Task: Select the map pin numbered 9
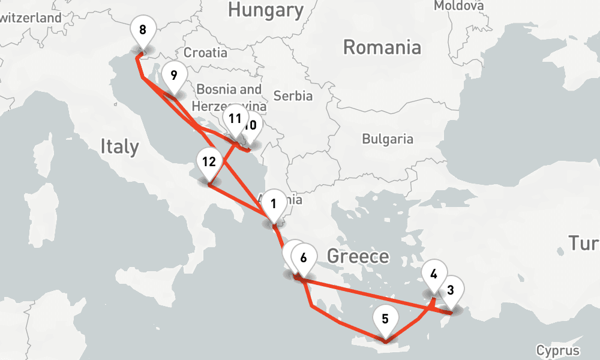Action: (173, 76)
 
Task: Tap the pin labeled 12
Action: (209, 162)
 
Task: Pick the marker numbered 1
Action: (274, 204)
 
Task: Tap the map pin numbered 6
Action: (304, 259)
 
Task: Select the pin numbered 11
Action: (235, 119)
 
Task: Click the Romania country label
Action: (382, 47)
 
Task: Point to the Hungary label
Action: (266, 10)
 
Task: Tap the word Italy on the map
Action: (119, 146)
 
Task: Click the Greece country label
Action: (358, 257)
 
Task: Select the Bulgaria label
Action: (388, 139)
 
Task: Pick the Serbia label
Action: (293, 95)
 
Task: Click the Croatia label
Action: (205, 53)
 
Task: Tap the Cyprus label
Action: (558, 351)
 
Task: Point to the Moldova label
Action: (458, 5)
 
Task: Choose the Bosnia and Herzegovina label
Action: (229, 97)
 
